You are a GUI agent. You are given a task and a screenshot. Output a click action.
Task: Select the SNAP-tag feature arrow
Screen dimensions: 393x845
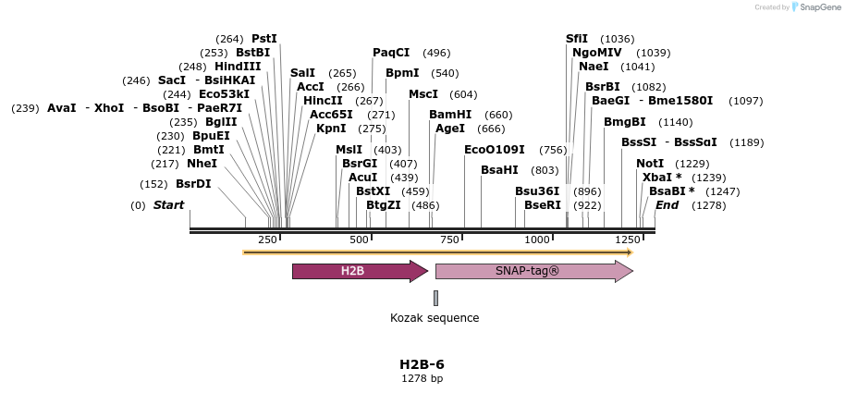click(533, 271)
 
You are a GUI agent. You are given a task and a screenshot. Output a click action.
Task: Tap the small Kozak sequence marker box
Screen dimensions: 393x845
click(435, 298)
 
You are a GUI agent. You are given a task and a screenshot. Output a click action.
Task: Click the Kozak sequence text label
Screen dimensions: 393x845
click(435, 318)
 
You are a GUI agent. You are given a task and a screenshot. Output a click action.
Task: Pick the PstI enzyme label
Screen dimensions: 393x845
click(264, 39)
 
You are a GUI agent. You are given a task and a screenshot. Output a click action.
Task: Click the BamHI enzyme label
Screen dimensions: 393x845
click(450, 115)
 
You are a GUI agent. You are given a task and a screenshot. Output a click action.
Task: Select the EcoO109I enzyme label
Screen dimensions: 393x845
click(494, 150)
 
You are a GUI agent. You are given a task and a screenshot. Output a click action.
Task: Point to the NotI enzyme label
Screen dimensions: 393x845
click(650, 164)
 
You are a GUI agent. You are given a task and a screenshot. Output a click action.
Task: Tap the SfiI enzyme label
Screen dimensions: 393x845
click(577, 39)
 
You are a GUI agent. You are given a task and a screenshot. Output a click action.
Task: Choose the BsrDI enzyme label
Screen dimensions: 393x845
click(193, 184)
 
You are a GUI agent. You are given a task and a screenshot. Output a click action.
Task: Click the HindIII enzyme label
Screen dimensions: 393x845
click(238, 67)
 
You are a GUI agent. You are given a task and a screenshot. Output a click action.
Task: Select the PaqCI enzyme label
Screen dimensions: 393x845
click(391, 53)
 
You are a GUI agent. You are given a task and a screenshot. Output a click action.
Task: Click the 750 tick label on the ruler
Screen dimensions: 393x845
click(449, 239)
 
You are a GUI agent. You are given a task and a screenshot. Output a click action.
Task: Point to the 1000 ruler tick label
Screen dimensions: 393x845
click(537, 239)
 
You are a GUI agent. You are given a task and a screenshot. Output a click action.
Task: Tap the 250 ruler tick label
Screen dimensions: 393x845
click(267, 239)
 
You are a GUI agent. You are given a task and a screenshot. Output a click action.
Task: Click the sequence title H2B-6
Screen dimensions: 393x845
click(422, 364)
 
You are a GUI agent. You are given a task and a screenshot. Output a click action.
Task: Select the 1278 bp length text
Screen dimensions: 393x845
click(422, 378)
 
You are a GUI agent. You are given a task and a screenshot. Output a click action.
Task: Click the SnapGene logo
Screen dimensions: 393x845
click(815, 7)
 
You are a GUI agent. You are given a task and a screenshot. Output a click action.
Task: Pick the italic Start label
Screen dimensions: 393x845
click(168, 205)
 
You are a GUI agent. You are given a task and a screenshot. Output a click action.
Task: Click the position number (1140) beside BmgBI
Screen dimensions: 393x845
click(675, 122)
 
